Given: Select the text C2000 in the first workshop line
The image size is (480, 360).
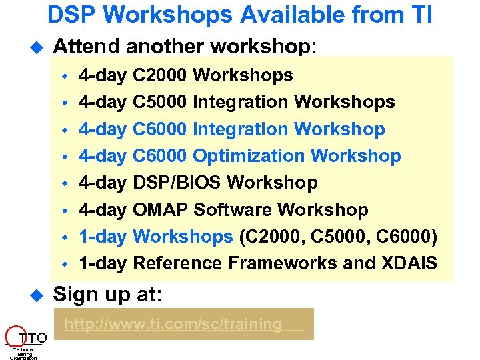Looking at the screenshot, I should (160, 75).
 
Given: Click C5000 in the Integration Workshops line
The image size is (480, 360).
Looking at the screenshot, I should (160, 102).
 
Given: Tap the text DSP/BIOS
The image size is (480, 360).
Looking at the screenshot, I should (164, 183).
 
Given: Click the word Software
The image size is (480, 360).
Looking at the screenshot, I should (233, 210).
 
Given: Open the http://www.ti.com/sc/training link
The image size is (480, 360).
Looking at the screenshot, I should (173, 325).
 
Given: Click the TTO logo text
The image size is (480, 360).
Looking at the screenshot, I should (33, 337).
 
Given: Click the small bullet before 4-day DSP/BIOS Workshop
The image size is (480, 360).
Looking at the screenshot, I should (65, 183).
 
